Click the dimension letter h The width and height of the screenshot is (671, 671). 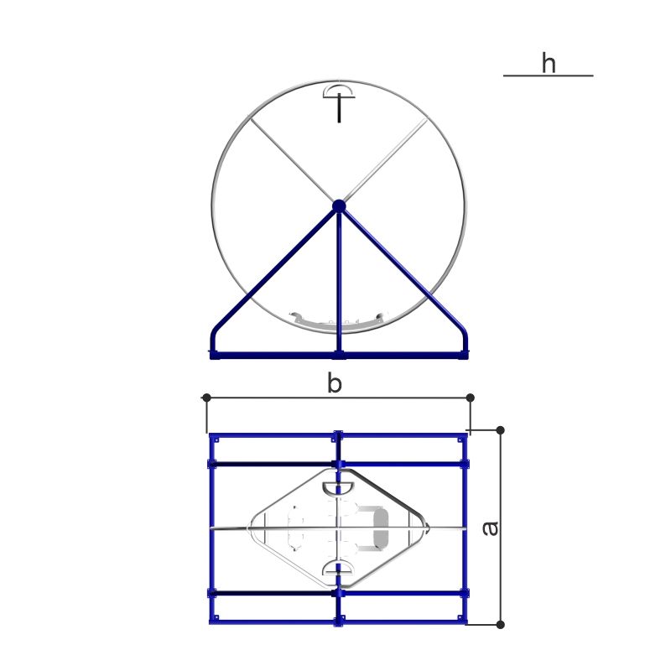(549, 63)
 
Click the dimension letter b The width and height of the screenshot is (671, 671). (334, 382)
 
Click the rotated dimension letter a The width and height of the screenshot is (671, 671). (491, 528)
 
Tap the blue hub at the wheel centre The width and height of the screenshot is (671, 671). (339, 205)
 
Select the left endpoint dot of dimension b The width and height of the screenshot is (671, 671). (206, 398)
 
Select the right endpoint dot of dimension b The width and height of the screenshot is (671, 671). (471, 398)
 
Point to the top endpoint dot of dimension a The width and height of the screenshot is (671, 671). (500, 430)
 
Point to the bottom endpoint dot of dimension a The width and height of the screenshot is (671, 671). (500, 624)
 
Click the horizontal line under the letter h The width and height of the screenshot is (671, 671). (549, 75)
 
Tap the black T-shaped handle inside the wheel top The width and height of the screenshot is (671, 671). (340, 107)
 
